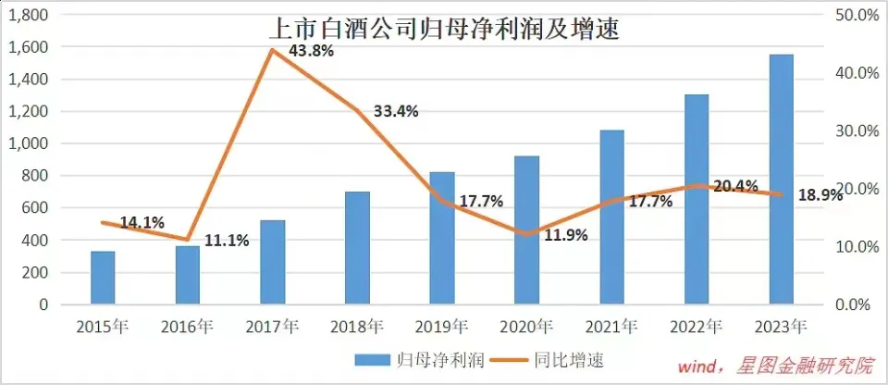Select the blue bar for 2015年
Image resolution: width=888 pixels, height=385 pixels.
[103, 278]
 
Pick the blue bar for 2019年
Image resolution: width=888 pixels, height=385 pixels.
[442, 238]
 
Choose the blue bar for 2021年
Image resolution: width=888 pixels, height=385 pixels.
[612, 217]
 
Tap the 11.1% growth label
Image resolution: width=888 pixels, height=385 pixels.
[227, 241]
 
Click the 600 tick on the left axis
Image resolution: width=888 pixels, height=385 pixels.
[40, 207]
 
